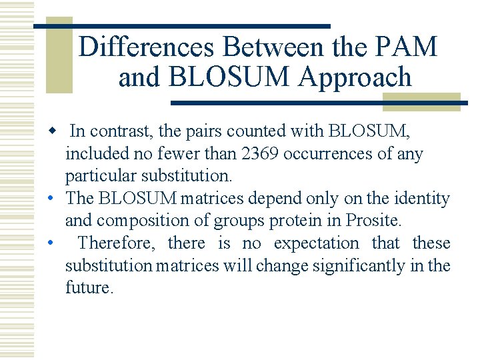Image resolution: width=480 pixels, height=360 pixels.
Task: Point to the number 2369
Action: pyautogui.click(x=261, y=154)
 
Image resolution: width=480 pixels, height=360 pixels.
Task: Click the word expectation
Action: pyautogui.click(x=316, y=243)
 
